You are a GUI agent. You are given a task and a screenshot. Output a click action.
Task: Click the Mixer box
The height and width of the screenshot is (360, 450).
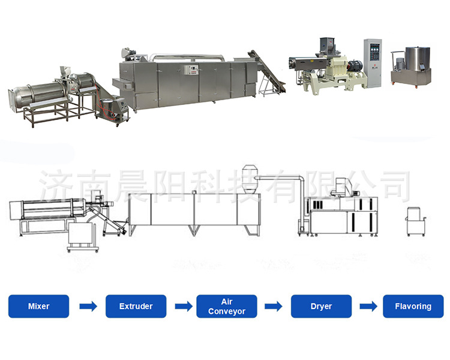click(x=39, y=306)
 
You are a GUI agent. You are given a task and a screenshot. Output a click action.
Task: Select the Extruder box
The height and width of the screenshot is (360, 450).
click(x=136, y=306)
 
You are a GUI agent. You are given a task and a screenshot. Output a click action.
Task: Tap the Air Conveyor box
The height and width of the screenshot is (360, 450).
click(x=227, y=306)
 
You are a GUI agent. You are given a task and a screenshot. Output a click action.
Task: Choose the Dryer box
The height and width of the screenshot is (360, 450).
click(x=321, y=306)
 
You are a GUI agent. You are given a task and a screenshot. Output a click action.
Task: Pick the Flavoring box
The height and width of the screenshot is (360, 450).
click(x=413, y=306)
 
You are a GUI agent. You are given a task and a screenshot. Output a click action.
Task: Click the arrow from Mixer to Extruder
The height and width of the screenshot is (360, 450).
click(x=88, y=307)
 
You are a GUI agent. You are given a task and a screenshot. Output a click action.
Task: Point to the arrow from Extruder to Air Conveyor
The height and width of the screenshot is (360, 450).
click(x=184, y=307)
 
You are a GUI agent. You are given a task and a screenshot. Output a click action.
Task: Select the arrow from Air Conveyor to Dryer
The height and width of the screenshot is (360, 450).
click(x=273, y=307)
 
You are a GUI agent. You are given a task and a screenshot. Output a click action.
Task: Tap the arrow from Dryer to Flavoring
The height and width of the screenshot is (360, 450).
click(x=368, y=307)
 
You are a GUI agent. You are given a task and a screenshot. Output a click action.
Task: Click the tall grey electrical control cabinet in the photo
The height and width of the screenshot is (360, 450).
click(x=373, y=63)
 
